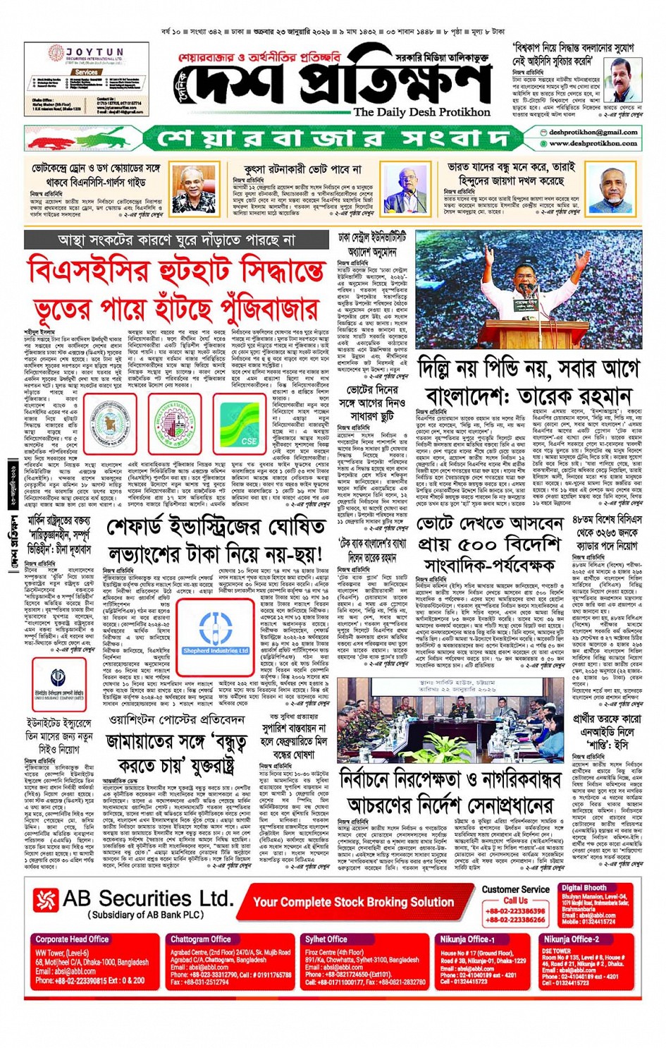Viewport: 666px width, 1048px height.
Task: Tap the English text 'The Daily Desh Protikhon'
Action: click(421, 112)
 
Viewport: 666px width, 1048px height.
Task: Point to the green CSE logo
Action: click(240, 425)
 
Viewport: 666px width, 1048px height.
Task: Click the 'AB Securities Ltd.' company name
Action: click(147, 898)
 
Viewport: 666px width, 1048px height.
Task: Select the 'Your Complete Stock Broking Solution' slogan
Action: click(353, 902)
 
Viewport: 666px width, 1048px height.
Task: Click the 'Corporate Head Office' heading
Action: click(72, 939)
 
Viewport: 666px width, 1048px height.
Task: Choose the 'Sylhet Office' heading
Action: click(326, 939)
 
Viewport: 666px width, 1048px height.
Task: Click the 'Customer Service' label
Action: click(515, 889)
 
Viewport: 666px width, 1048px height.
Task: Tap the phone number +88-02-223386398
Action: click(515, 910)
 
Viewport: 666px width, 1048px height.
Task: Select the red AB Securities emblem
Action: click(47, 900)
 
